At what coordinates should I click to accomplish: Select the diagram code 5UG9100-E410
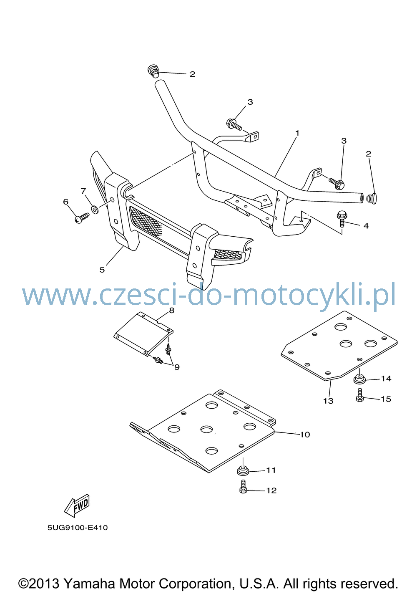[x=78, y=533]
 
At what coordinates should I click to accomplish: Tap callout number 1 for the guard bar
[x=297, y=133]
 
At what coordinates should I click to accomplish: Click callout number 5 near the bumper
[x=102, y=270]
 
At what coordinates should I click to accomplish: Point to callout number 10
[x=305, y=435]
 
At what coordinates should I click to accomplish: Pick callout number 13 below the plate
[x=328, y=401]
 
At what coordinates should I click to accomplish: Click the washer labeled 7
[x=95, y=210]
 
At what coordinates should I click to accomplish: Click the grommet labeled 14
[x=359, y=379]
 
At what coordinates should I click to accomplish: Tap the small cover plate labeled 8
[x=143, y=334]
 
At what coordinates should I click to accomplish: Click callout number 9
[x=177, y=367]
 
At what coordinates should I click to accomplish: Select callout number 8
[x=172, y=310]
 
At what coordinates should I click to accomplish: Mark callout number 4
[x=366, y=226]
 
